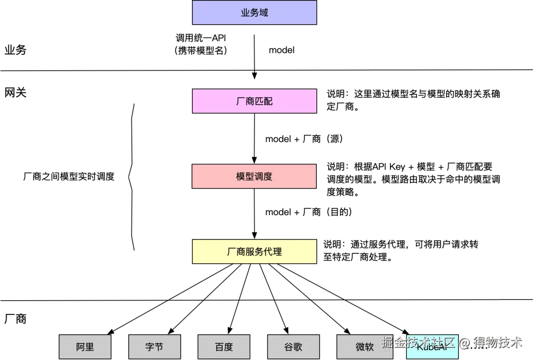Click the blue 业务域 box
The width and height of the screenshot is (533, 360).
coord(254,13)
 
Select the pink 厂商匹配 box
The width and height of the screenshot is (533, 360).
coord(254,101)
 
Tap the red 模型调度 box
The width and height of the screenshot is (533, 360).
coord(254,176)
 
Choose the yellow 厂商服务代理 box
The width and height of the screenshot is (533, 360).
coord(254,251)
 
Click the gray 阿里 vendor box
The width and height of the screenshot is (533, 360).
coord(85,346)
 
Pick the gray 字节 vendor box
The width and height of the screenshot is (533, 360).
coord(154,346)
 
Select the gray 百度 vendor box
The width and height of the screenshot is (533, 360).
coord(224,346)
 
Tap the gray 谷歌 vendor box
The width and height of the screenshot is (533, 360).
coord(293,346)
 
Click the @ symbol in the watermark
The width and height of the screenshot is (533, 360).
coord(464,342)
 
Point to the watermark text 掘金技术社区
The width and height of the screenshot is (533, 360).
coord(418,342)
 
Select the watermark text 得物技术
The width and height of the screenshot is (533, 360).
coord(497,342)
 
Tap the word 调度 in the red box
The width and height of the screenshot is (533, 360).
coord(264,176)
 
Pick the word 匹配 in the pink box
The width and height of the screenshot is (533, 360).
coord(264,101)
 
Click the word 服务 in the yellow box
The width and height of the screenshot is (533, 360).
coord(254,251)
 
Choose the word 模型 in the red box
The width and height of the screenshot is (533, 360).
coord(245,176)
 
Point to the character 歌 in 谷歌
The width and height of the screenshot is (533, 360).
coord(298,346)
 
